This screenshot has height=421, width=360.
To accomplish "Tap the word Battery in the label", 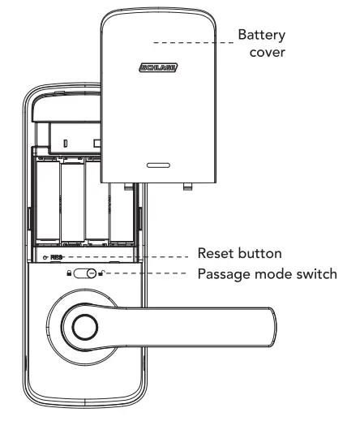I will pos(259,36).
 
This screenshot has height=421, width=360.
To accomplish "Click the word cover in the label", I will pos(268,52).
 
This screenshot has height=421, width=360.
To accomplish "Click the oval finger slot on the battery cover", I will pos(158,165).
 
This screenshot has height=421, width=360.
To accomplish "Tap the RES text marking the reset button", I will pos(56,257).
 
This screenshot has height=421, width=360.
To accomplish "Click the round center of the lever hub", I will pos(82,326).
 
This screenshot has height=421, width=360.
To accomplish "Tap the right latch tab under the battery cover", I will pos(188,187).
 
